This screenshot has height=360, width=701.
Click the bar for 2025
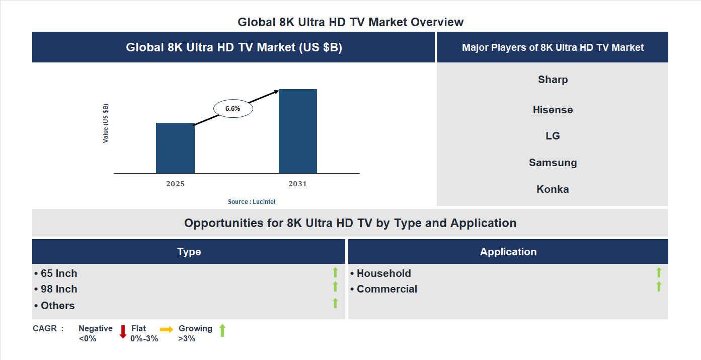pyautogui.click(x=175, y=148)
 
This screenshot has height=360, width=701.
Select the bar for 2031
pyautogui.click(x=298, y=131)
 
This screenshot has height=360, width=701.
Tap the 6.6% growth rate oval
pyautogui.click(x=233, y=108)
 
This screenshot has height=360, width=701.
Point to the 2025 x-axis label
pyautogui.click(x=175, y=184)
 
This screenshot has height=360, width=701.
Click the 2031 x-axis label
pyautogui.click(x=297, y=184)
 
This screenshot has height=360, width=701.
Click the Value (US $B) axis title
pyautogui.click(x=106, y=123)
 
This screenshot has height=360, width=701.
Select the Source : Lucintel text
pyautogui.click(x=252, y=202)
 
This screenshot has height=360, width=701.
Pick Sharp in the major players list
pyautogui.click(x=553, y=80)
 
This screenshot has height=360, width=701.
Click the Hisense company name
pyautogui.click(x=553, y=110)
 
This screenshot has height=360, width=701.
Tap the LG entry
pyautogui.click(x=553, y=136)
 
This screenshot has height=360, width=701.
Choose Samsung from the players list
pyautogui.click(x=553, y=163)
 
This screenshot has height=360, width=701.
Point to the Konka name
pyautogui.click(x=553, y=189)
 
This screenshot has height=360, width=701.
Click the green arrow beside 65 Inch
pyautogui.click(x=335, y=272)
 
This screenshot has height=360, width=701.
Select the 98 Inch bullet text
pyautogui.click(x=58, y=289)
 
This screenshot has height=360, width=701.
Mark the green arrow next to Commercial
pyautogui.click(x=659, y=286)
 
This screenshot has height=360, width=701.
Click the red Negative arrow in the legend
pyautogui.click(x=122, y=332)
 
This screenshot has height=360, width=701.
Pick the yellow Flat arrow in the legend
pyautogui.click(x=167, y=329)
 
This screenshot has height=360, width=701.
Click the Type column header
pyautogui.click(x=189, y=252)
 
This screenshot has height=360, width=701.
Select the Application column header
pyautogui.click(x=508, y=252)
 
